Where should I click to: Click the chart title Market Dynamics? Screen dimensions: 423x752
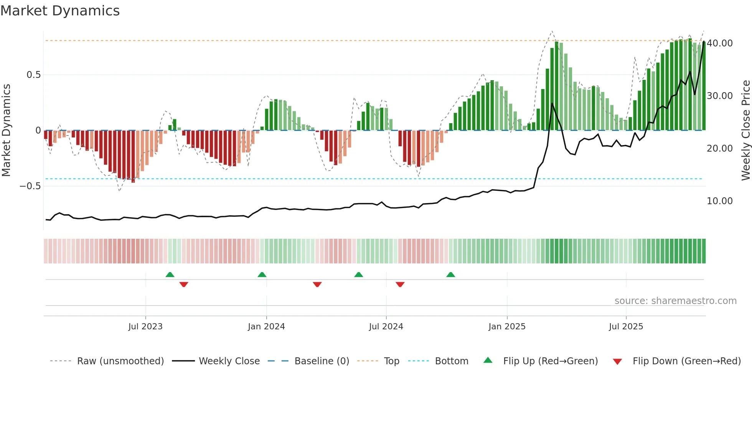(60, 11)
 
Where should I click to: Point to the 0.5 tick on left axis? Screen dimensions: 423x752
(33, 75)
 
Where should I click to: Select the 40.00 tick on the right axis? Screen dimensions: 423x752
(719, 43)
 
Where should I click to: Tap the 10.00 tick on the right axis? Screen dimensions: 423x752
(719, 201)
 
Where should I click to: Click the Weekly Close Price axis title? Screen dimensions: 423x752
(745, 131)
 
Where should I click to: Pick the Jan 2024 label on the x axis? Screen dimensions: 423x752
(266, 327)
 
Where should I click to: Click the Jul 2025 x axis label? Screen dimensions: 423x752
(626, 327)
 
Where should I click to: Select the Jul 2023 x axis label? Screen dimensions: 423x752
(145, 327)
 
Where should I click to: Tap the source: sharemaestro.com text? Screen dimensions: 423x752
(675, 301)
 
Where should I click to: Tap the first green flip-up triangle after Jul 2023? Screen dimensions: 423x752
(170, 274)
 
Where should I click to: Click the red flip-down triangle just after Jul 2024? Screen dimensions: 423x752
(400, 284)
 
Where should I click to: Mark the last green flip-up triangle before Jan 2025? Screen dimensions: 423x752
(451, 274)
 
